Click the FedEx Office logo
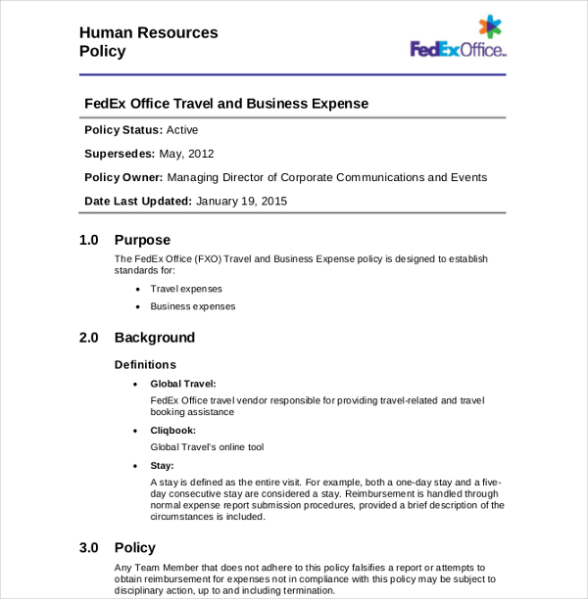[457, 40]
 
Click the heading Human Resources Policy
[148, 42]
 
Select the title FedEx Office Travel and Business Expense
[226, 103]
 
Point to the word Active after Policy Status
[181, 129]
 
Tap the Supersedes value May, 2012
[186, 154]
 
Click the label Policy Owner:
[123, 177]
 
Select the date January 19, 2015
[241, 201]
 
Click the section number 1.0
[89, 240]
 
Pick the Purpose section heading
[142, 240]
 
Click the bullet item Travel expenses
[186, 289]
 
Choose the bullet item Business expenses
[193, 306]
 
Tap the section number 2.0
[89, 338]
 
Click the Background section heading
[155, 338]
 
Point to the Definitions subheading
[145, 364]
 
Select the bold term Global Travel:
[183, 384]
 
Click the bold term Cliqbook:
[173, 430]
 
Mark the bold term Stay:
[162, 465]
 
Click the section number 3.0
[89, 548]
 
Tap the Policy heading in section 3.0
[135, 548]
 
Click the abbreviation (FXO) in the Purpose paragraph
[208, 259]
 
